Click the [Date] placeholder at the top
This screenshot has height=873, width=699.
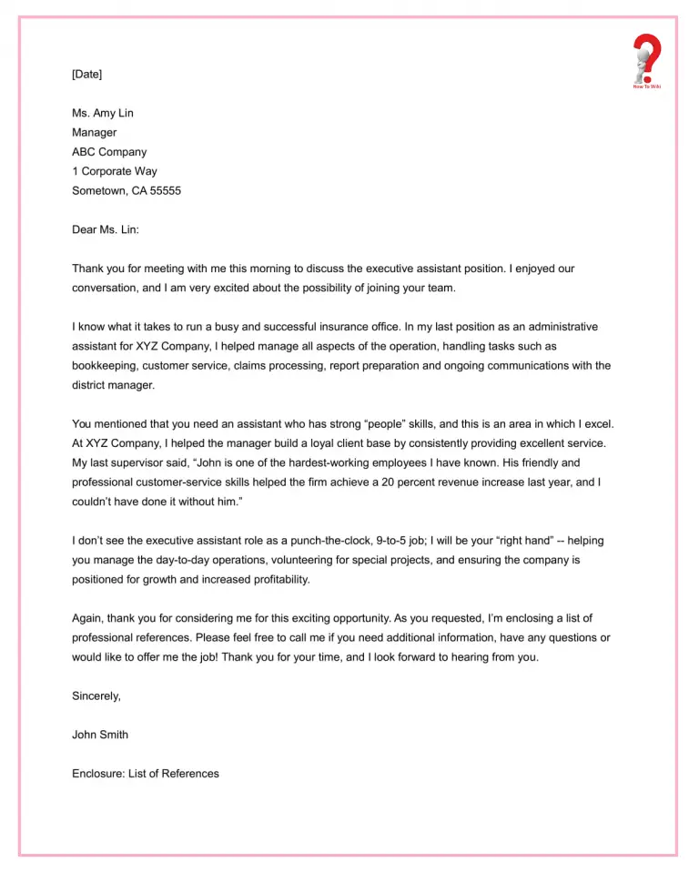(x=87, y=75)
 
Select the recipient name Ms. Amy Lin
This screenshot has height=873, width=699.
(x=103, y=114)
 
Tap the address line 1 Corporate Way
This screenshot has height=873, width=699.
(x=115, y=171)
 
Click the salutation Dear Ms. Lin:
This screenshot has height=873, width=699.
(x=106, y=229)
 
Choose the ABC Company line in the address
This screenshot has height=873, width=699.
(x=109, y=152)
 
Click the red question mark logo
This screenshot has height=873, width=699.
(x=646, y=60)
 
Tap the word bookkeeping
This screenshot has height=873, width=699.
(x=104, y=366)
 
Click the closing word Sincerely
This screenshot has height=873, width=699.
(x=96, y=696)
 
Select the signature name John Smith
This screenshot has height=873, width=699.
(x=100, y=735)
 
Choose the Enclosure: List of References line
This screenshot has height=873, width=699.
(x=146, y=774)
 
